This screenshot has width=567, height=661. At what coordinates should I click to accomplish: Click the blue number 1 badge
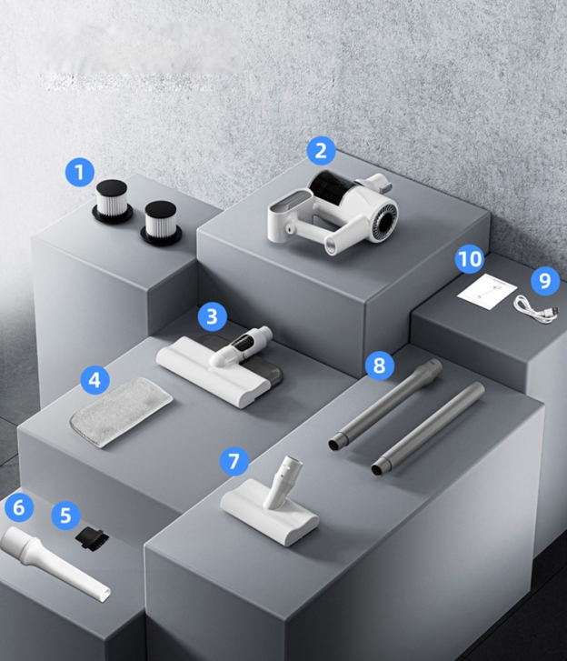click(x=80, y=172)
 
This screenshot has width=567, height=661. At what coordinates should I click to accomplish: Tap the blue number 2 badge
click(x=321, y=150)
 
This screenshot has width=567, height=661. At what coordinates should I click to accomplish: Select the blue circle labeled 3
click(x=212, y=316)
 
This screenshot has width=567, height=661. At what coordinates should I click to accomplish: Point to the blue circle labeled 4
click(x=95, y=379)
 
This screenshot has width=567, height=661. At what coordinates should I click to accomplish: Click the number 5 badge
click(x=65, y=516)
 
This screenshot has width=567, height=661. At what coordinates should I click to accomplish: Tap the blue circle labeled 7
click(x=234, y=462)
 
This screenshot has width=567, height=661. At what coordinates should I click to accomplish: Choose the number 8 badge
click(x=379, y=366)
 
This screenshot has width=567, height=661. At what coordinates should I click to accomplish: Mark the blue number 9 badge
click(x=544, y=280)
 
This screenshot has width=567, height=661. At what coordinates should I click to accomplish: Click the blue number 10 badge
click(x=469, y=259)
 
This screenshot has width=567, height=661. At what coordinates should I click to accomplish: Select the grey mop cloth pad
click(x=122, y=411)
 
